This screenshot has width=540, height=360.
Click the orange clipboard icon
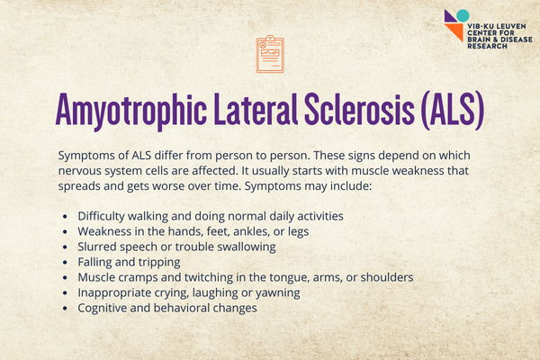[270, 54]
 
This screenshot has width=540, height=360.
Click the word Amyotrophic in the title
[131, 110]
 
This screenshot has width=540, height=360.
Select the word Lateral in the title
[256, 109]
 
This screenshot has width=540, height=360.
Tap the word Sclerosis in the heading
[359, 109]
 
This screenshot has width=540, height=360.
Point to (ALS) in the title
[453, 110]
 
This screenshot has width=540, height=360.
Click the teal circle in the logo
[463, 15]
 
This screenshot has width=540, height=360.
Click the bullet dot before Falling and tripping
[65, 263]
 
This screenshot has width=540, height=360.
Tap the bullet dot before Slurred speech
[65, 247]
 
